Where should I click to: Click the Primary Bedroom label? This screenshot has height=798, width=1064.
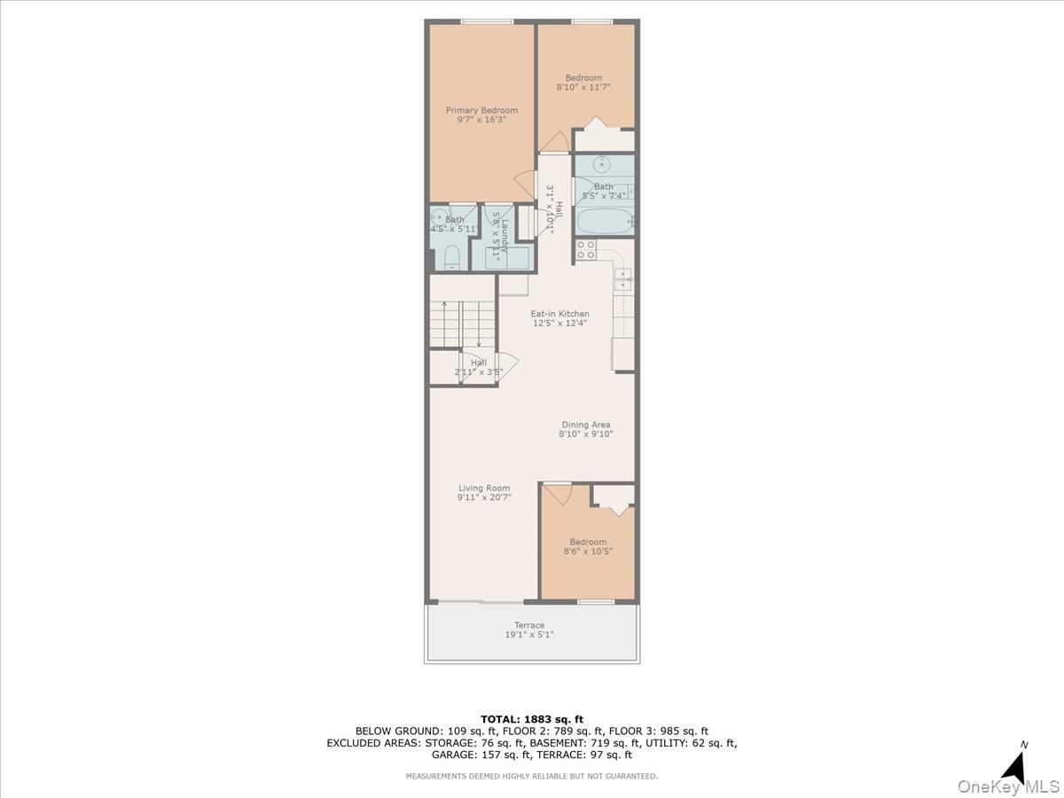[x=481, y=111]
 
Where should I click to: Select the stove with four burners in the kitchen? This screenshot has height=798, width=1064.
[x=586, y=250]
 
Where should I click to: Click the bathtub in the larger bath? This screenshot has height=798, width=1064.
[x=604, y=220]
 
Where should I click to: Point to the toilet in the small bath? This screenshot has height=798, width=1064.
[x=451, y=257]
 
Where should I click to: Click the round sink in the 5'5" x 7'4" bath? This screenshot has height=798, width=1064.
[x=602, y=164]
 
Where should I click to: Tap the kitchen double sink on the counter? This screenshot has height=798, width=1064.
[x=623, y=279]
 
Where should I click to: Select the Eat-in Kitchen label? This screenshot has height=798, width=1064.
[x=559, y=314]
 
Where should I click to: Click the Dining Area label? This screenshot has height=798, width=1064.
[x=585, y=425]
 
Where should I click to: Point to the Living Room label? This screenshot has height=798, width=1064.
[x=484, y=488]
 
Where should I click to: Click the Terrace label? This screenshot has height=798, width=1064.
[x=529, y=625]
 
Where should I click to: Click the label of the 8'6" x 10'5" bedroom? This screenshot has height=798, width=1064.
[x=588, y=542]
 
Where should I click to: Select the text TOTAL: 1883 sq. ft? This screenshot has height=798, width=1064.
[x=532, y=718]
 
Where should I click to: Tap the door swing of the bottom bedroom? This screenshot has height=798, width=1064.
[x=557, y=493]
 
